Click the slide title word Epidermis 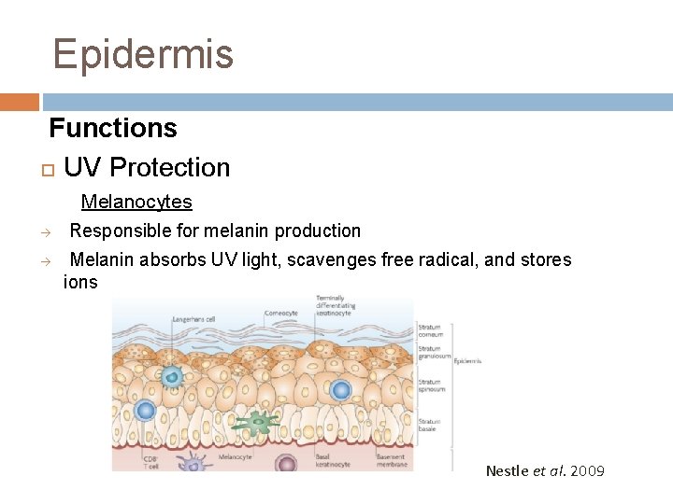click(x=143, y=54)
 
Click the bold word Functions click(x=113, y=127)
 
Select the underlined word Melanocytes click(x=136, y=202)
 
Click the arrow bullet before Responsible click(x=44, y=231)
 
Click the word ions click(x=80, y=282)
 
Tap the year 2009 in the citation click(x=587, y=470)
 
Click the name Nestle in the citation click(x=507, y=470)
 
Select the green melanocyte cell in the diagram click(x=254, y=424)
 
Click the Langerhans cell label click(x=193, y=320)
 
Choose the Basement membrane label click(x=392, y=460)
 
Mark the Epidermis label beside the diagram click(x=467, y=360)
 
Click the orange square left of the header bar click(x=19, y=102)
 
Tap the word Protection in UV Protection click(x=169, y=168)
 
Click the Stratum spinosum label click(x=430, y=385)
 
